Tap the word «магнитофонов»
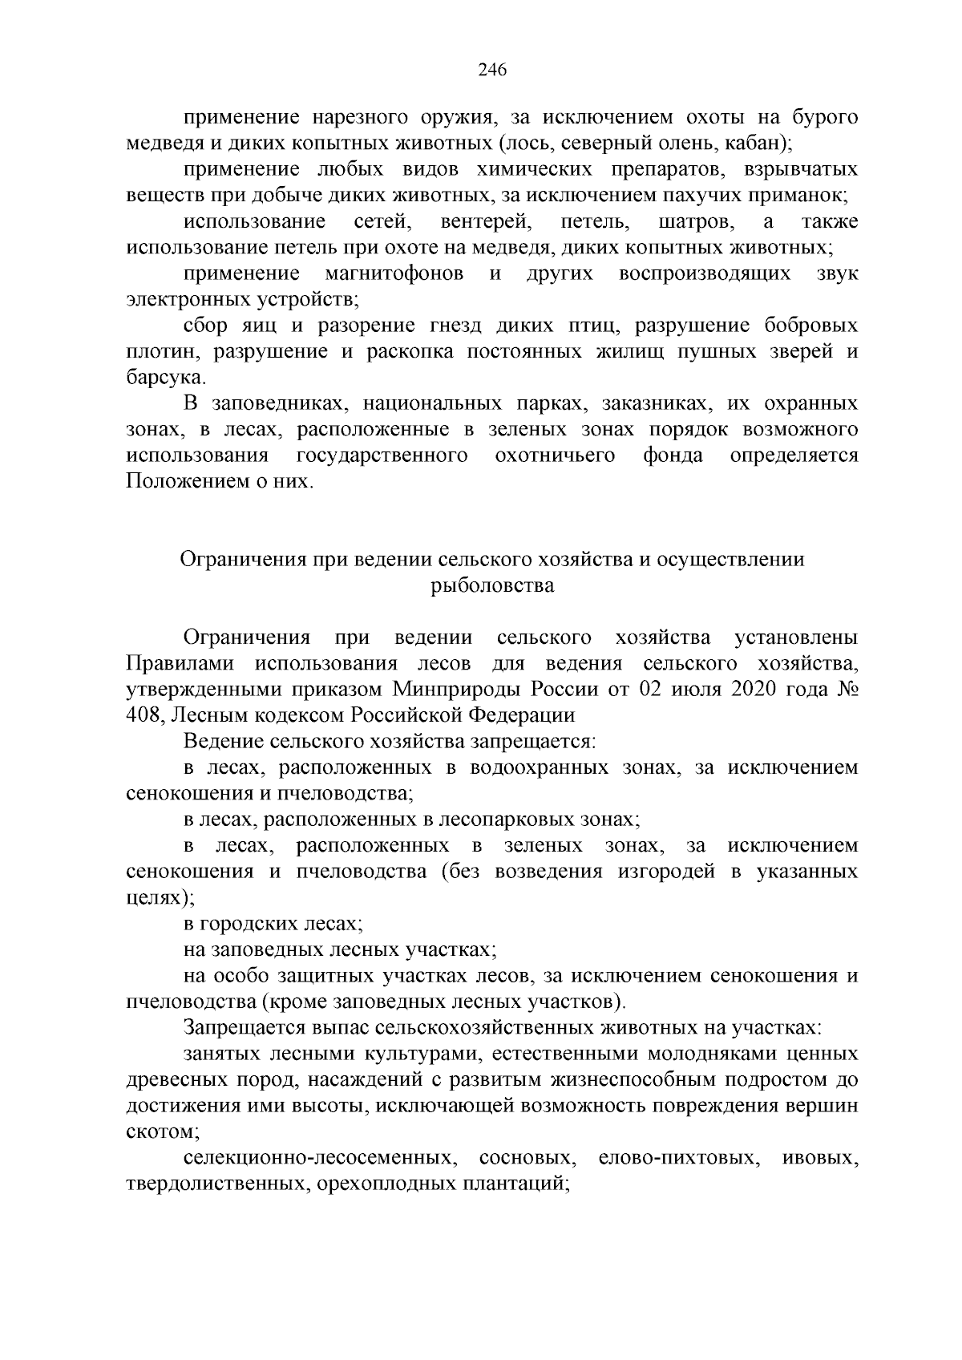(x=394, y=275)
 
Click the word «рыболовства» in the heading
(x=492, y=586)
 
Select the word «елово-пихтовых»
(x=678, y=1159)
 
